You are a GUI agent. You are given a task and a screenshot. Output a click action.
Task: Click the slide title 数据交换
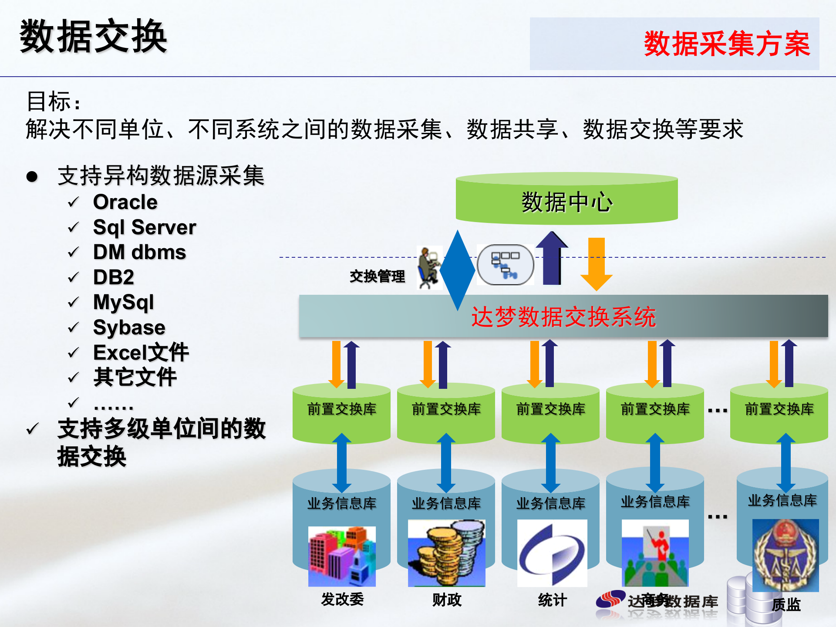[x=94, y=37]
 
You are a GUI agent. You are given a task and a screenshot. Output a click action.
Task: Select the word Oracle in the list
[x=125, y=202]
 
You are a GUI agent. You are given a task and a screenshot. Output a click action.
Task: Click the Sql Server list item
[x=144, y=227]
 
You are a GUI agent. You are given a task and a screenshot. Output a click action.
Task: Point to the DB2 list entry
[x=113, y=277]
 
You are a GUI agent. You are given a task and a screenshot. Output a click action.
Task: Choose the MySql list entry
[x=123, y=302]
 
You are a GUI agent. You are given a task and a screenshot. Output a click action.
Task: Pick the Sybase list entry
[x=129, y=327]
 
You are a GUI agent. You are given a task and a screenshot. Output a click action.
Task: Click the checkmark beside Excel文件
[x=73, y=352]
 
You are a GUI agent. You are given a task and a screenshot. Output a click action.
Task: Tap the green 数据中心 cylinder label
[x=566, y=202]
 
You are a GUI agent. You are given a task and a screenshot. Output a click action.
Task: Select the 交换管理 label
[x=377, y=276]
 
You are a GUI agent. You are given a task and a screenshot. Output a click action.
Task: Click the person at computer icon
[x=429, y=268]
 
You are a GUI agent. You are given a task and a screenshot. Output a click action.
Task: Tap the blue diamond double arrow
[x=457, y=270]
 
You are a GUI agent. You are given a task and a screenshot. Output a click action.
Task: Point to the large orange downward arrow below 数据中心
[x=596, y=264]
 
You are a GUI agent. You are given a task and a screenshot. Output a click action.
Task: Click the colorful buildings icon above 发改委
[x=342, y=556]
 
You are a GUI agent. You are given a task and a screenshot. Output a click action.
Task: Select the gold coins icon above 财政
[x=446, y=553]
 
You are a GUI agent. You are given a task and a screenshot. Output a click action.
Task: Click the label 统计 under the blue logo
[x=552, y=600]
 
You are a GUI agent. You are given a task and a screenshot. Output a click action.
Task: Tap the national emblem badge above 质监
[x=785, y=555]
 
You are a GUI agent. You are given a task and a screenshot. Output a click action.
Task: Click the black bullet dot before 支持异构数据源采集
[x=32, y=176]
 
